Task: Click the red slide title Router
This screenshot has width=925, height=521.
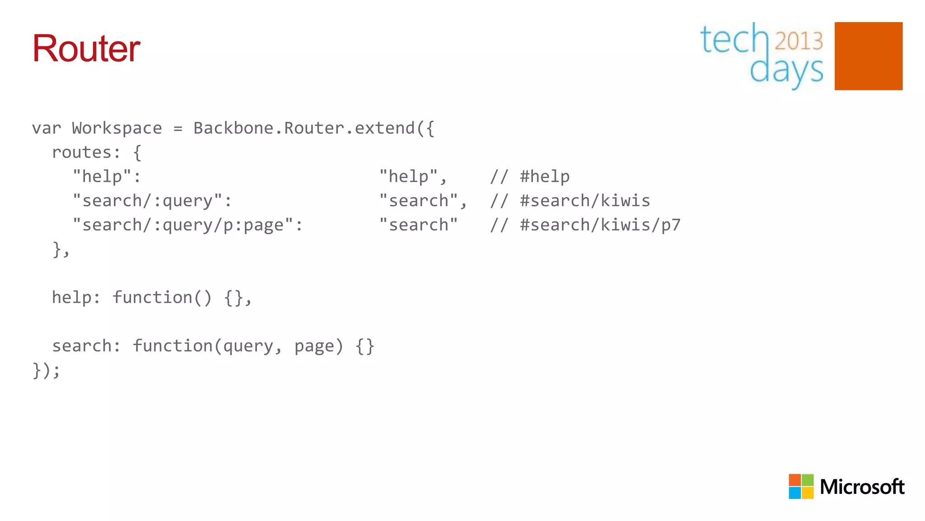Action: click(x=86, y=48)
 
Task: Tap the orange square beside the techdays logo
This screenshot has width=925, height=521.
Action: click(x=868, y=56)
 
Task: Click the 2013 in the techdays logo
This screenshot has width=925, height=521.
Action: click(x=799, y=41)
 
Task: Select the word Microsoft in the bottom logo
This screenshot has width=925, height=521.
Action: click(x=862, y=487)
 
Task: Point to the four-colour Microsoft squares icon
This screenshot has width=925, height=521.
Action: click(x=801, y=486)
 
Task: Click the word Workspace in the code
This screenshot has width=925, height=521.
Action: click(x=117, y=128)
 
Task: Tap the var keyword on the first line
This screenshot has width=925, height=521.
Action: click(x=46, y=128)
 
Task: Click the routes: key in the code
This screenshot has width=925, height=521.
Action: click(x=86, y=152)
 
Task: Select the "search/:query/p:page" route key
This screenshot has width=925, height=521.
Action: click(x=187, y=225)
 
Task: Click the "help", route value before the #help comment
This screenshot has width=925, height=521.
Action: click(x=413, y=176)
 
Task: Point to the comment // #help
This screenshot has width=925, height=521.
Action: click(x=530, y=176)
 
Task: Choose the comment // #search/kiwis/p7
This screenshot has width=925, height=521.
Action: click(x=585, y=225)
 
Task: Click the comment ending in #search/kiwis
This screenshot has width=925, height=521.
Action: click(x=570, y=201)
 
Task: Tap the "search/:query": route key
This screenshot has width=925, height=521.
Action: click(x=152, y=201)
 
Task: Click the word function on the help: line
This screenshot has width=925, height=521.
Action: click(x=152, y=298)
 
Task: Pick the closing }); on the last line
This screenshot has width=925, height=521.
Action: click(x=46, y=370)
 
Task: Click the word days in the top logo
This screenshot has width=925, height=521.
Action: click(x=786, y=71)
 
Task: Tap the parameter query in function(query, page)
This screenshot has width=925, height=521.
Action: click(x=248, y=346)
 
